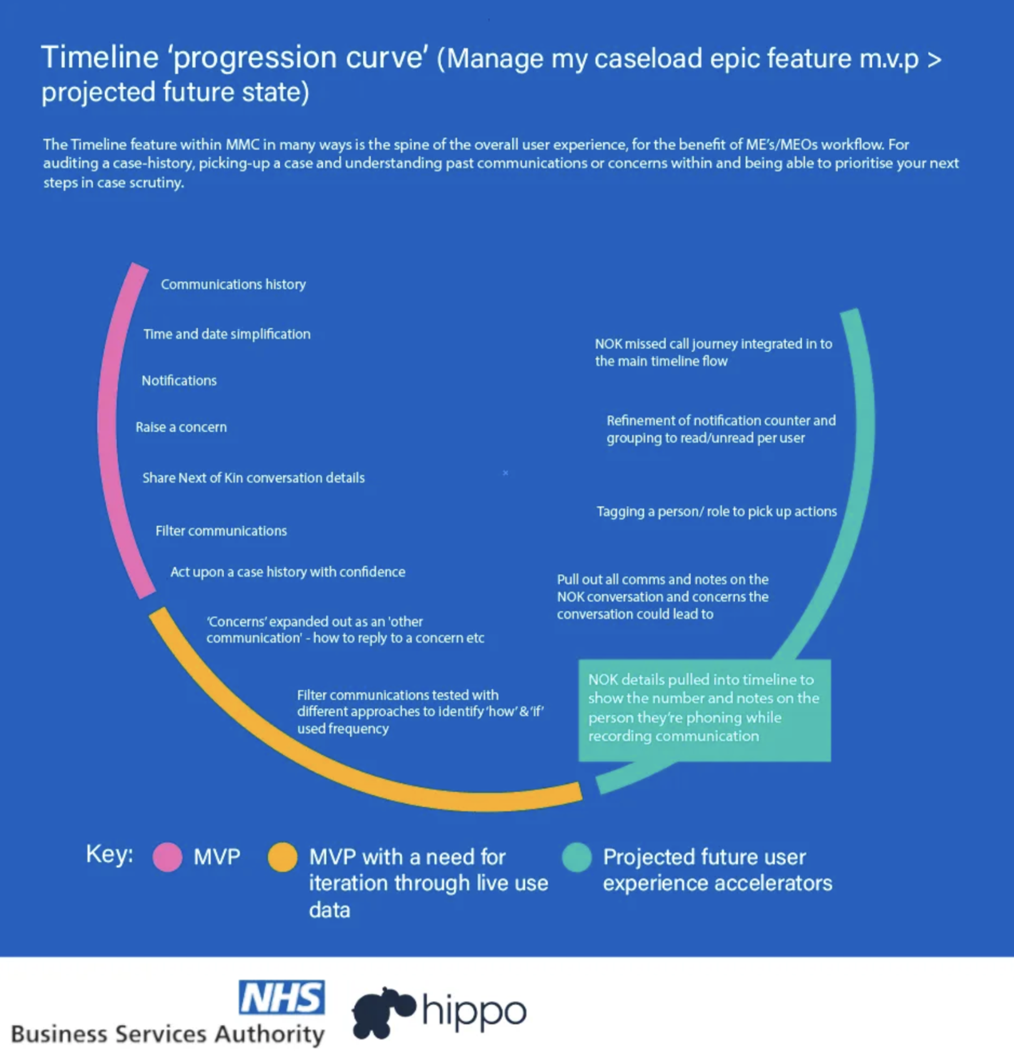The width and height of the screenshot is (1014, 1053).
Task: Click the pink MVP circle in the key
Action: [167, 857]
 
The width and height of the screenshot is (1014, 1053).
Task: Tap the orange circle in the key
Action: [282, 857]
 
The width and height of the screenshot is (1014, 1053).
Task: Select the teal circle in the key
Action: [576, 857]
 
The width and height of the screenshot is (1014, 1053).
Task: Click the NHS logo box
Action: [282, 997]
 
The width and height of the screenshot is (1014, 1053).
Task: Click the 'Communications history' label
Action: [233, 284]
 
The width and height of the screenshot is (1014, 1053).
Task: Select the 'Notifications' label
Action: [179, 381]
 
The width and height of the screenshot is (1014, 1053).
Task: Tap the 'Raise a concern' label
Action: [181, 427]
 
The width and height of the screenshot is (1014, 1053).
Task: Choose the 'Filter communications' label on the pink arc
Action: [221, 531]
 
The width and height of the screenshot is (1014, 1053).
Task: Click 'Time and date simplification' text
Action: [227, 334]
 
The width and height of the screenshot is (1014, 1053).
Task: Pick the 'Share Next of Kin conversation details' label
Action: [253, 478]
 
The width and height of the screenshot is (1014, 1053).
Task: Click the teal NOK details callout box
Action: [704, 710]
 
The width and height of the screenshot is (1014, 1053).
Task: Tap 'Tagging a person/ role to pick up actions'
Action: [716, 511]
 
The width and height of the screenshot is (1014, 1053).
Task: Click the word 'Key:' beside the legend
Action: [110, 854]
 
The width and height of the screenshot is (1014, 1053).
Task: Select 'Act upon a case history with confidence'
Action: [287, 572]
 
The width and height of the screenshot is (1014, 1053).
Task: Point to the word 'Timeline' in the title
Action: [100, 58]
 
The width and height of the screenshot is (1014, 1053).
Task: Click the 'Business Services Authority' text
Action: [168, 1034]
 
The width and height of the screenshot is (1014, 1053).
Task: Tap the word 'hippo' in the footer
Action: [474, 1011]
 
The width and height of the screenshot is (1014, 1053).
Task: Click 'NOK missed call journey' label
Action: [713, 352]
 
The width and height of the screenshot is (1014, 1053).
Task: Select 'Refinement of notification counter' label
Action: [720, 429]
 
